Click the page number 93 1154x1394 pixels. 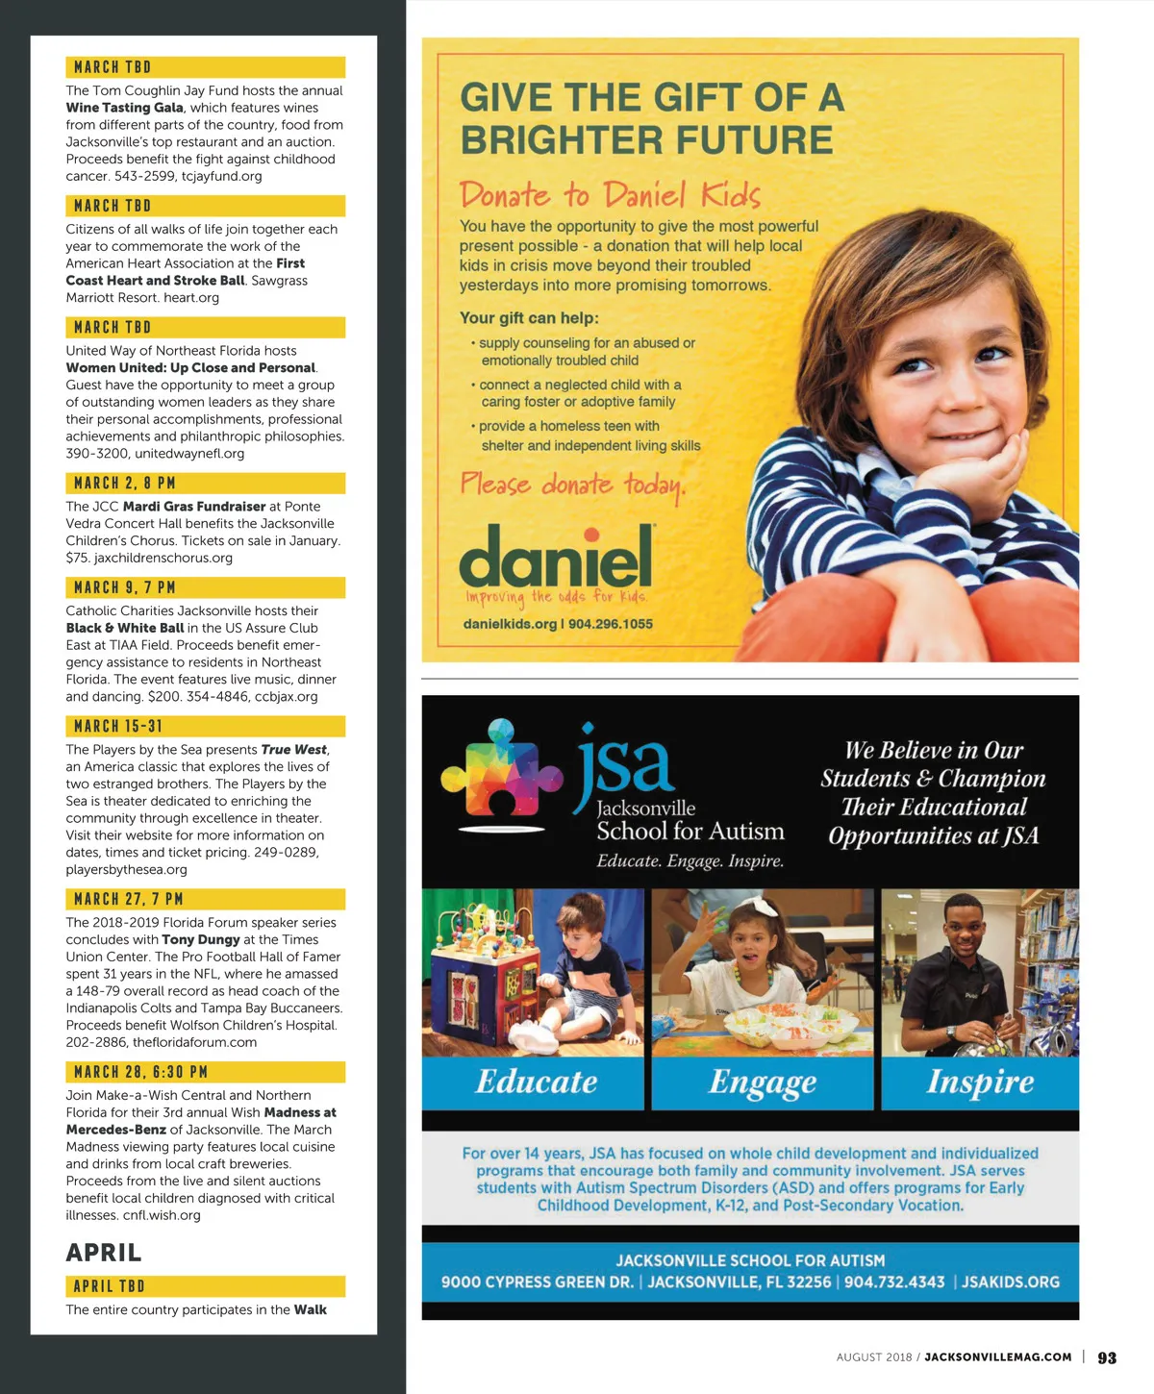point(1107,1357)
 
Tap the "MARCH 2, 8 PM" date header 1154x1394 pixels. point(125,483)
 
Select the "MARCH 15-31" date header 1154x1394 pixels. point(118,726)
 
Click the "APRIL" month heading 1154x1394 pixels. point(104,1253)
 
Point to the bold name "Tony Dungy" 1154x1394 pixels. point(201,939)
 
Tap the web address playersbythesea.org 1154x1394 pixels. point(127,869)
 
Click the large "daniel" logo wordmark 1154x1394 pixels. point(556,559)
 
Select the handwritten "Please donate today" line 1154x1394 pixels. point(572,485)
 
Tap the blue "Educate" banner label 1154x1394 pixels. point(536,1082)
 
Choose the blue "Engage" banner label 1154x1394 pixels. point(763,1083)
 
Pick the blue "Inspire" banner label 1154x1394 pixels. point(980,1082)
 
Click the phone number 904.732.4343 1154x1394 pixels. point(894,1282)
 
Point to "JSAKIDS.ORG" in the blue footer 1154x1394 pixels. point(1011,1282)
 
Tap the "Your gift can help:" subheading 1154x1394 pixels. point(529,318)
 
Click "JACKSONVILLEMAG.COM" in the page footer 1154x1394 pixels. point(998,1357)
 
